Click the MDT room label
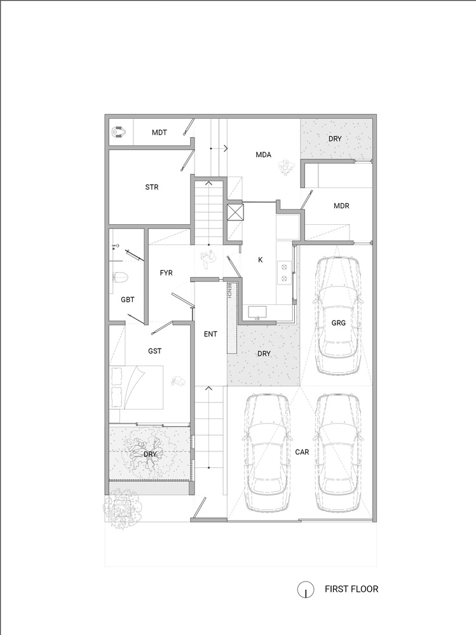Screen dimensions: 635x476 (x=159, y=133)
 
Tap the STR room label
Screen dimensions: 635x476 (x=151, y=187)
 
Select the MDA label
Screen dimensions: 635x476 (x=264, y=154)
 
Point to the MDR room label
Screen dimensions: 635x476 (x=341, y=206)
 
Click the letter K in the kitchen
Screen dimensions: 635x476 (x=260, y=260)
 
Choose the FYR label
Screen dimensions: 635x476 (x=167, y=272)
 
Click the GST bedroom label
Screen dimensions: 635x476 (x=154, y=350)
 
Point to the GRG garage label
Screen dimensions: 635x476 (x=338, y=323)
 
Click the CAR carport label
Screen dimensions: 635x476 (x=302, y=452)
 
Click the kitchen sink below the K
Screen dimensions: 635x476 (x=257, y=312)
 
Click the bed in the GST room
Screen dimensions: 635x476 (x=137, y=387)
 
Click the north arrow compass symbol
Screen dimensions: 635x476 (x=305, y=589)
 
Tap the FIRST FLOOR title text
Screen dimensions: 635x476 (x=351, y=589)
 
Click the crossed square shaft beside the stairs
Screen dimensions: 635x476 (x=235, y=211)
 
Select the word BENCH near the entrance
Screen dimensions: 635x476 (x=228, y=292)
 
